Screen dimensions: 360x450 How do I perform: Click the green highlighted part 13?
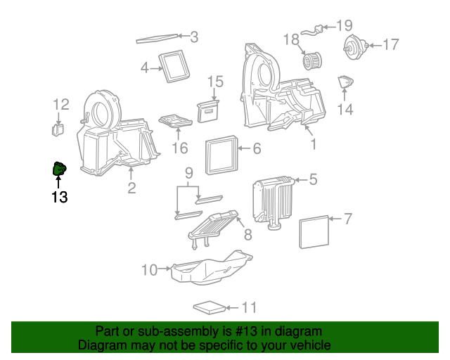59,169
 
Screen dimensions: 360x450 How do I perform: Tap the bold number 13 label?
59,198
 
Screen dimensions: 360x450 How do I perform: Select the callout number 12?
61,105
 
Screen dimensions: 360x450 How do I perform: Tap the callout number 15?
214,82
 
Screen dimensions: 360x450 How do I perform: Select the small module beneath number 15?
209,109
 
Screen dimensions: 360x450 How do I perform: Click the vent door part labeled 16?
174,122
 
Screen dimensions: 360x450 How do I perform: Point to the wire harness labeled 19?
316,30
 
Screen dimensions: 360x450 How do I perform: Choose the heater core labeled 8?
213,226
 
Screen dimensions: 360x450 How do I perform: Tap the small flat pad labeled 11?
210,307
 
